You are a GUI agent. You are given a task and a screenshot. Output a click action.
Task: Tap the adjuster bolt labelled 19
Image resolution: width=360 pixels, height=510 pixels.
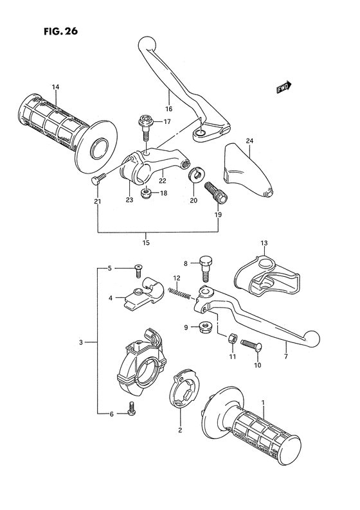212,191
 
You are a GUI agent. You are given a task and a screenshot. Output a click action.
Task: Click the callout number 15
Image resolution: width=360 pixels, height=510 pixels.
146,242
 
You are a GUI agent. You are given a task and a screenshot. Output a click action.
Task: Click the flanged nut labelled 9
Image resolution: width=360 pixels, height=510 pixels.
204,326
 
